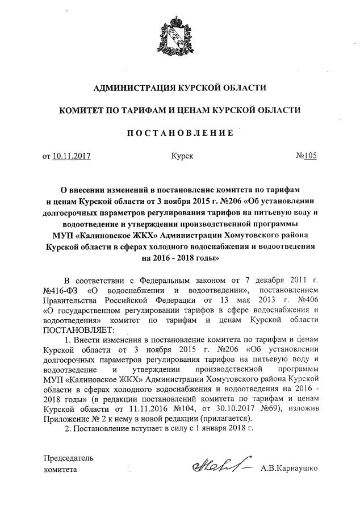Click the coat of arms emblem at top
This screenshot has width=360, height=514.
pyautogui.click(x=179, y=34)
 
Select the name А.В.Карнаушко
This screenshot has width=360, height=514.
pyautogui.click(x=288, y=470)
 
